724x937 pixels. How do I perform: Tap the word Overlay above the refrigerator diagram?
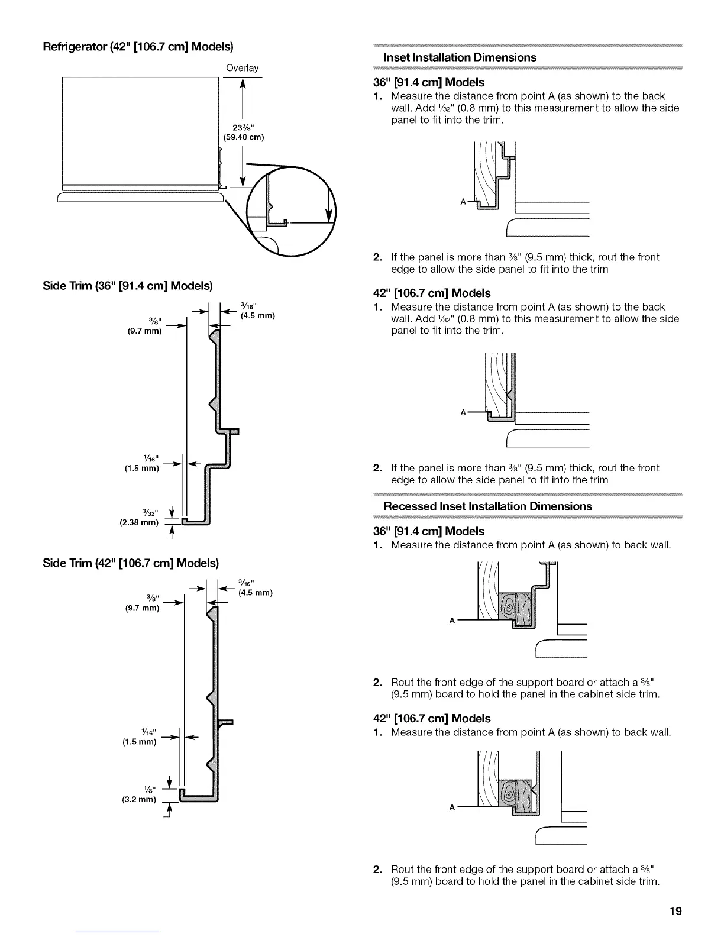(x=242, y=68)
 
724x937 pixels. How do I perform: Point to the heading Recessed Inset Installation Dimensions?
(x=487, y=506)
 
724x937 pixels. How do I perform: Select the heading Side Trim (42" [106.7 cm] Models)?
(x=131, y=562)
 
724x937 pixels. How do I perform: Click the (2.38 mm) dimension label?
(x=141, y=522)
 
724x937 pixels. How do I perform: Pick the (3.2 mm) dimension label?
(x=139, y=799)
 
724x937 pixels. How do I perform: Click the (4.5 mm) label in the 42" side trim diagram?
(x=255, y=593)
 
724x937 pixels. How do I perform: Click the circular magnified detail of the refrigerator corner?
(x=290, y=212)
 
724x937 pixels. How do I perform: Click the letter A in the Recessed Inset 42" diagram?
(x=452, y=807)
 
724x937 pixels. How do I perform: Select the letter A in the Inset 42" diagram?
(x=463, y=412)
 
